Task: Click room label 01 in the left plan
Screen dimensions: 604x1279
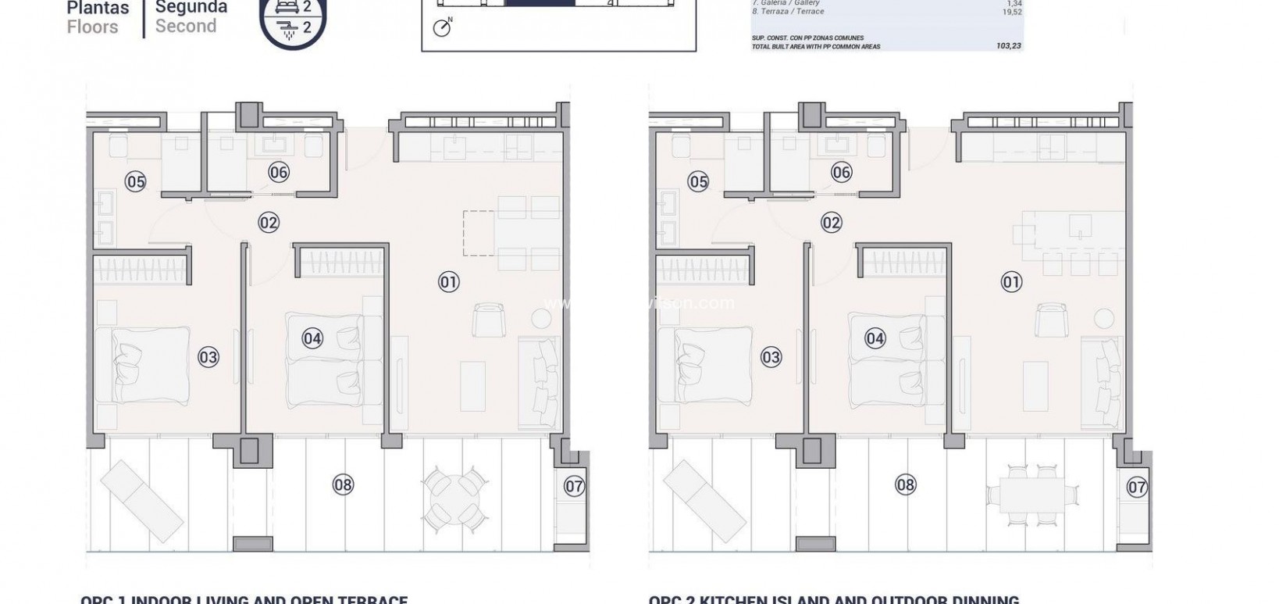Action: pyautogui.click(x=448, y=282)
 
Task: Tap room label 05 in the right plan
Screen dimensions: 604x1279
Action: pyautogui.click(x=698, y=182)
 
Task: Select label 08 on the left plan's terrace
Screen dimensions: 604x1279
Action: pyautogui.click(x=343, y=484)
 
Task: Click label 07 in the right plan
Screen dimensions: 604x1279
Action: pyautogui.click(x=1137, y=488)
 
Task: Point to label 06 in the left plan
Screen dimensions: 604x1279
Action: pyautogui.click(x=279, y=173)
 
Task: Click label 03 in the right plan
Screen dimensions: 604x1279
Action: pyautogui.click(x=771, y=357)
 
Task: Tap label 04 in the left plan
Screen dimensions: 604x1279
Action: pyautogui.click(x=312, y=338)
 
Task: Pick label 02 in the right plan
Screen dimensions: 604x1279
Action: pyautogui.click(x=832, y=223)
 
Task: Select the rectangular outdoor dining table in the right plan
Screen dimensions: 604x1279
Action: pyautogui.click(x=1031, y=495)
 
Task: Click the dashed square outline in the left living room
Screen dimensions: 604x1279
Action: pyautogui.click(x=479, y=232)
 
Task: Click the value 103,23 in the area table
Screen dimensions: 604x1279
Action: pyautogui.click(x=1009, y=46)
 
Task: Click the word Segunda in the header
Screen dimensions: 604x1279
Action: pyautogui.click(x=191, y=8)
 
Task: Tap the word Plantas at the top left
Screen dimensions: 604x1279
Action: pyautogui.click(x=98, y=9)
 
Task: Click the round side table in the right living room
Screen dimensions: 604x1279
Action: pyautogui.click(x=1103, y=318)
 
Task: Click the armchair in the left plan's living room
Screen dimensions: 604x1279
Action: pyautogui.click(x=488, y=320)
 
